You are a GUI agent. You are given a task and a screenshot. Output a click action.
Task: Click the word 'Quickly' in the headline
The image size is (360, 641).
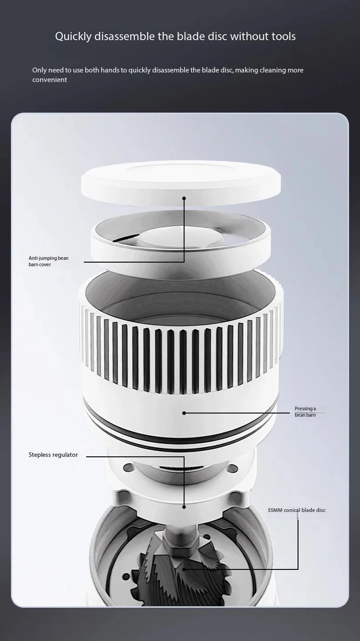[x=73, y=36]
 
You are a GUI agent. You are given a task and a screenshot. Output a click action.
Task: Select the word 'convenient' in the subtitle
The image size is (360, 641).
[x=50, y=80]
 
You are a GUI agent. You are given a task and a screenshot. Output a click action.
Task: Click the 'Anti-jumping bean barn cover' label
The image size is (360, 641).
[x=48, y=261]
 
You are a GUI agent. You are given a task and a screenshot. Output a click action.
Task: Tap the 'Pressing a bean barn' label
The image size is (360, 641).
[x=305, y=412]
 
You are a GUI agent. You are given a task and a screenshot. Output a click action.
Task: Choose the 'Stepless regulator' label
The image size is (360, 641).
[x=53, y=455]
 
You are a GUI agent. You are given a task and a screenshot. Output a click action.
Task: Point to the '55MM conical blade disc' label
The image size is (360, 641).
[x=297, y=510]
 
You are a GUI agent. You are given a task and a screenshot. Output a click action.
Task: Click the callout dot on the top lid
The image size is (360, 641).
[x=184, y=198]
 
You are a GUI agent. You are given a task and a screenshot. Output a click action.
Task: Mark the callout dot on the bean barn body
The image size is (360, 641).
[x=184, y=413]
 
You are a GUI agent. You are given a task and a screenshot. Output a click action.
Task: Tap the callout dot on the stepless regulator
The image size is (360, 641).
[x=184, y=507]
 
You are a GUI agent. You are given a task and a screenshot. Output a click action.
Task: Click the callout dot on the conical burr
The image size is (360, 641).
[x=184, y=569]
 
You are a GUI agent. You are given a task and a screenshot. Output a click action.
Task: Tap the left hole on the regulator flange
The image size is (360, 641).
[x=129, y=468]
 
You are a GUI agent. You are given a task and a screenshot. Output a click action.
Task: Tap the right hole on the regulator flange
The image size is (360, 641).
[x=233, y=468]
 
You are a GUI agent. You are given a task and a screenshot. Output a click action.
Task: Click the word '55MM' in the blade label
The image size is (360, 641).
[x=275, y=510]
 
